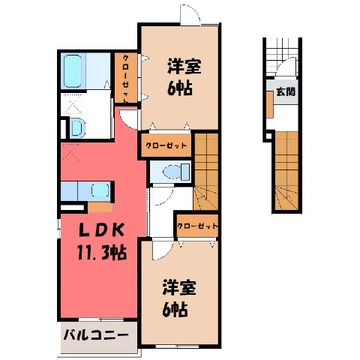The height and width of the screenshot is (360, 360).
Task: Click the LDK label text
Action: pos(102,230)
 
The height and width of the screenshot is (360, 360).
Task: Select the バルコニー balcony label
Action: pos(96,334)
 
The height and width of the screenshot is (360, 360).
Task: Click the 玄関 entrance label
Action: pos(286,92)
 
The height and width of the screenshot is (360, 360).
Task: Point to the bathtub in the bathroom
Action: pos(73,71)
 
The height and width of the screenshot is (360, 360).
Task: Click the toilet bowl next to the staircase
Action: pos(172,172)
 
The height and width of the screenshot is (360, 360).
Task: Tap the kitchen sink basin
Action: pos(100,190)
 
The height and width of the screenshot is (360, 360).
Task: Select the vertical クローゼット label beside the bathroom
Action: pos(125,79)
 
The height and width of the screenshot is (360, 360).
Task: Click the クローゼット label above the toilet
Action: pos(166,145)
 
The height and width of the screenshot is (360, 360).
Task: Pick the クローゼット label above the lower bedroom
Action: pos(197,226)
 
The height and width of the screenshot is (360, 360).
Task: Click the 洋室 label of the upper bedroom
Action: pos(184,66)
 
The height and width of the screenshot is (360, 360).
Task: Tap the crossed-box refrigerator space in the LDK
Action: pos(70,151)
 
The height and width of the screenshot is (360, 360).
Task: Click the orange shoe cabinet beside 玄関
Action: pos(270,104)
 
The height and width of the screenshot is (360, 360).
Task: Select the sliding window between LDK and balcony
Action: pos(101,319)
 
